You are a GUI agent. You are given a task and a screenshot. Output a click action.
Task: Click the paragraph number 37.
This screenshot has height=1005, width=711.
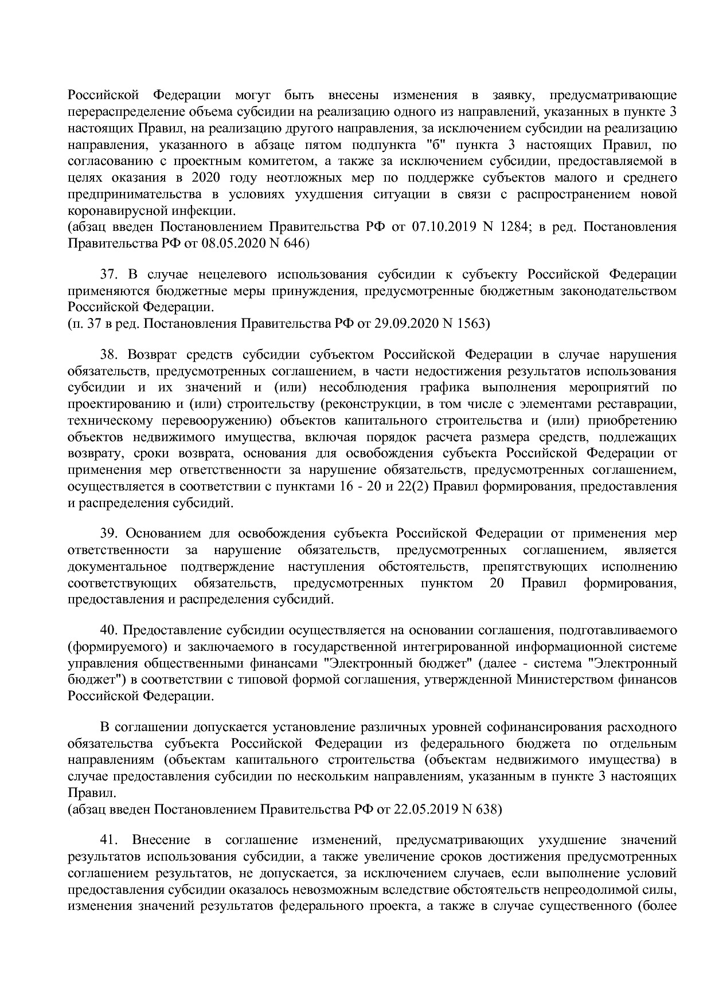click(109, 274)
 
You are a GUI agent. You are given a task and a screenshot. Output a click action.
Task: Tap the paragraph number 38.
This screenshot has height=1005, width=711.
click(109, 355)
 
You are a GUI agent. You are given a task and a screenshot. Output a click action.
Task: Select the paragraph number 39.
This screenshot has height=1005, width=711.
click(109, 533)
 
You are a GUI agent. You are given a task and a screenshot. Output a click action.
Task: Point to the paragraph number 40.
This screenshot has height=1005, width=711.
click(109, 630)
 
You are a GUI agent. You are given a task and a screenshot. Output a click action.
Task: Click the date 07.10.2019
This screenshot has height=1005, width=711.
click(442, 227)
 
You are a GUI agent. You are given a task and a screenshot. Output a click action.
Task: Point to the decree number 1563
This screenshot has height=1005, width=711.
click(471, 324)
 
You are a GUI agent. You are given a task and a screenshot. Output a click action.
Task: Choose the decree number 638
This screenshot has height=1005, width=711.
click(487, 809)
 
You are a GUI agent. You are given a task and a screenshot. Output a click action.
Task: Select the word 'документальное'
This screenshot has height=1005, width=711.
click(118, 567)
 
